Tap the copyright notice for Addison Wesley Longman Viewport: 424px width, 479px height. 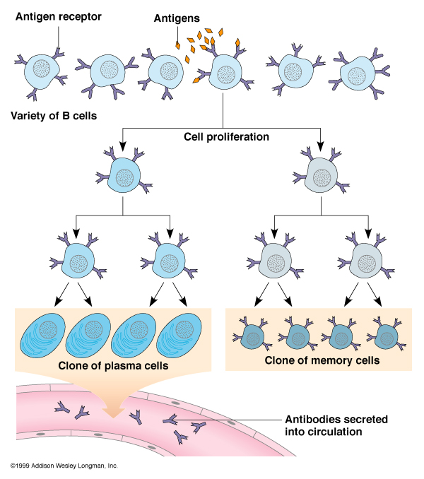(x=64, y=466)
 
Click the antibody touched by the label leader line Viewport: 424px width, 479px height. (x=172, y=421)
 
